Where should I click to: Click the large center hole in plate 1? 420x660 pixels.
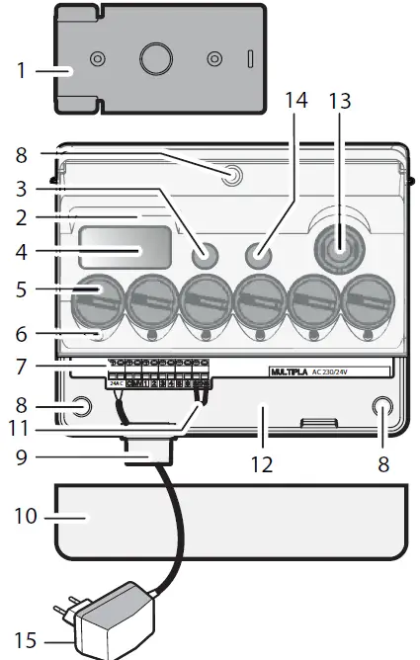tap(156, 59)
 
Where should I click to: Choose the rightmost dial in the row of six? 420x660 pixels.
tap(371, 299)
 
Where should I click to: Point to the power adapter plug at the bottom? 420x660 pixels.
tap(109, 619)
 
